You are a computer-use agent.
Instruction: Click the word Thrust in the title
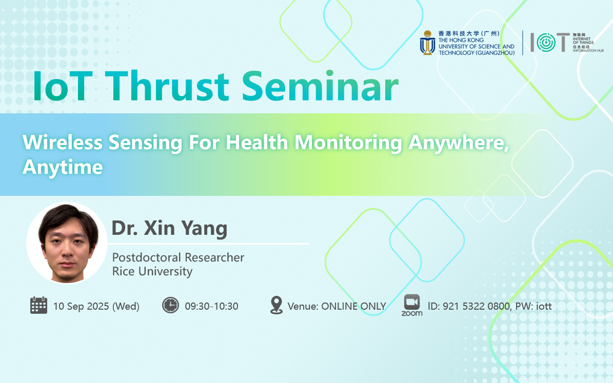[x=167, y=86]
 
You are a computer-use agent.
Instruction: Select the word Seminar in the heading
[x=320, y=86]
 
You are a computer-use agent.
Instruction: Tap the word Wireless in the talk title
[x=63, y=142]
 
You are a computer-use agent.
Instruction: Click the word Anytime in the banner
[x=63, y=167]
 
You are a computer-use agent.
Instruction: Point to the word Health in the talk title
[x=257, y=142]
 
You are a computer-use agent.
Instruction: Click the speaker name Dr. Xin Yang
[x=169, y=228]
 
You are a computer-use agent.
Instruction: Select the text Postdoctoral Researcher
[x=179, y=257]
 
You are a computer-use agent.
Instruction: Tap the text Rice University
[x=152, y=271]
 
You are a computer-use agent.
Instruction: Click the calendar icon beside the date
[x=38, y=305]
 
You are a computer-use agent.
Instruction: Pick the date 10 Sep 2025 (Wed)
[x=96, y=306]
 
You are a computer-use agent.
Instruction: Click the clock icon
[x=170, y=305]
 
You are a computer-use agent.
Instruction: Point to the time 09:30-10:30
[x=211, y=306]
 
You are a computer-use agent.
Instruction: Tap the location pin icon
[x=276, y=305]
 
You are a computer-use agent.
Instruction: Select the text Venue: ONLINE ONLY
[x=337, y=306]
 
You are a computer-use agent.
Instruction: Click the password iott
[x=544, y=306]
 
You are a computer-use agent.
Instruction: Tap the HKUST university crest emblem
[x=428, y=43]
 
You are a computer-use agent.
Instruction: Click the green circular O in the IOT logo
[x=546, y=42]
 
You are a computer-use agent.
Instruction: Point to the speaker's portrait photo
[x=67, y=243]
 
